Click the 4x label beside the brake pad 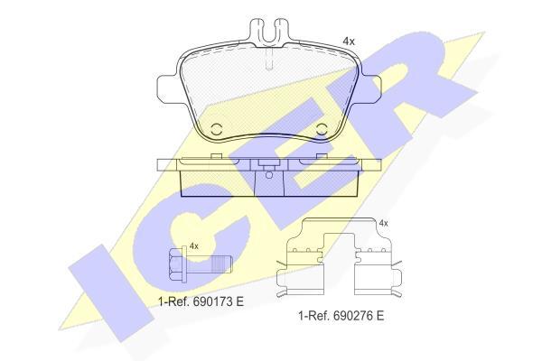[x=349, y=42]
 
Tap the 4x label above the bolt [x=194, y=246]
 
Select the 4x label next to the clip [x=383, y=224]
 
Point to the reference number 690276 [x=351, y=316]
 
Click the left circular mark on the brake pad [x=216, y=130]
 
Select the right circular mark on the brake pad [x=322, y=130]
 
